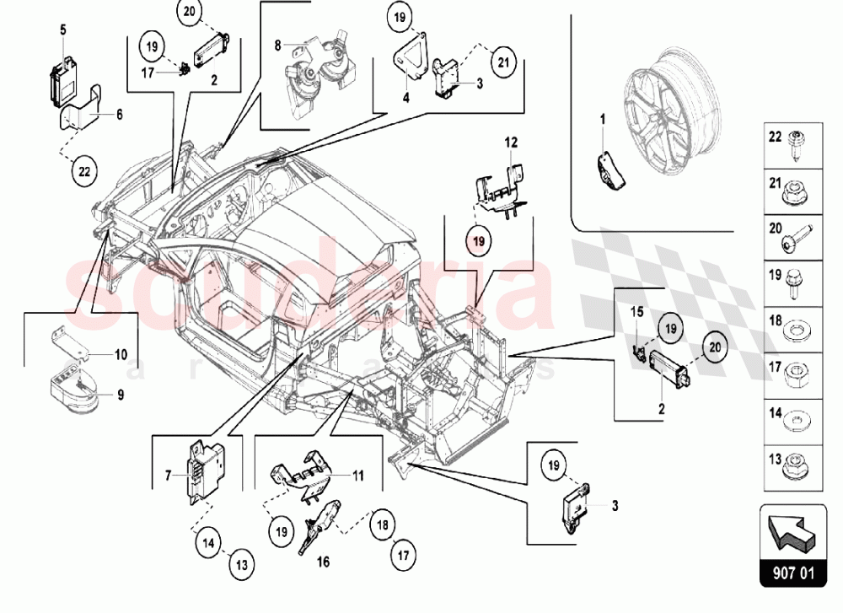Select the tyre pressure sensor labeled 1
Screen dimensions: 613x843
[612, 169]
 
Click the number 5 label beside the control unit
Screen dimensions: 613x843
[62, 29]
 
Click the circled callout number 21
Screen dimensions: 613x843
[503, 62]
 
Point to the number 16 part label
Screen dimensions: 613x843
[322, 561]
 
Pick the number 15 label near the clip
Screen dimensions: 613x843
[637, 312]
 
